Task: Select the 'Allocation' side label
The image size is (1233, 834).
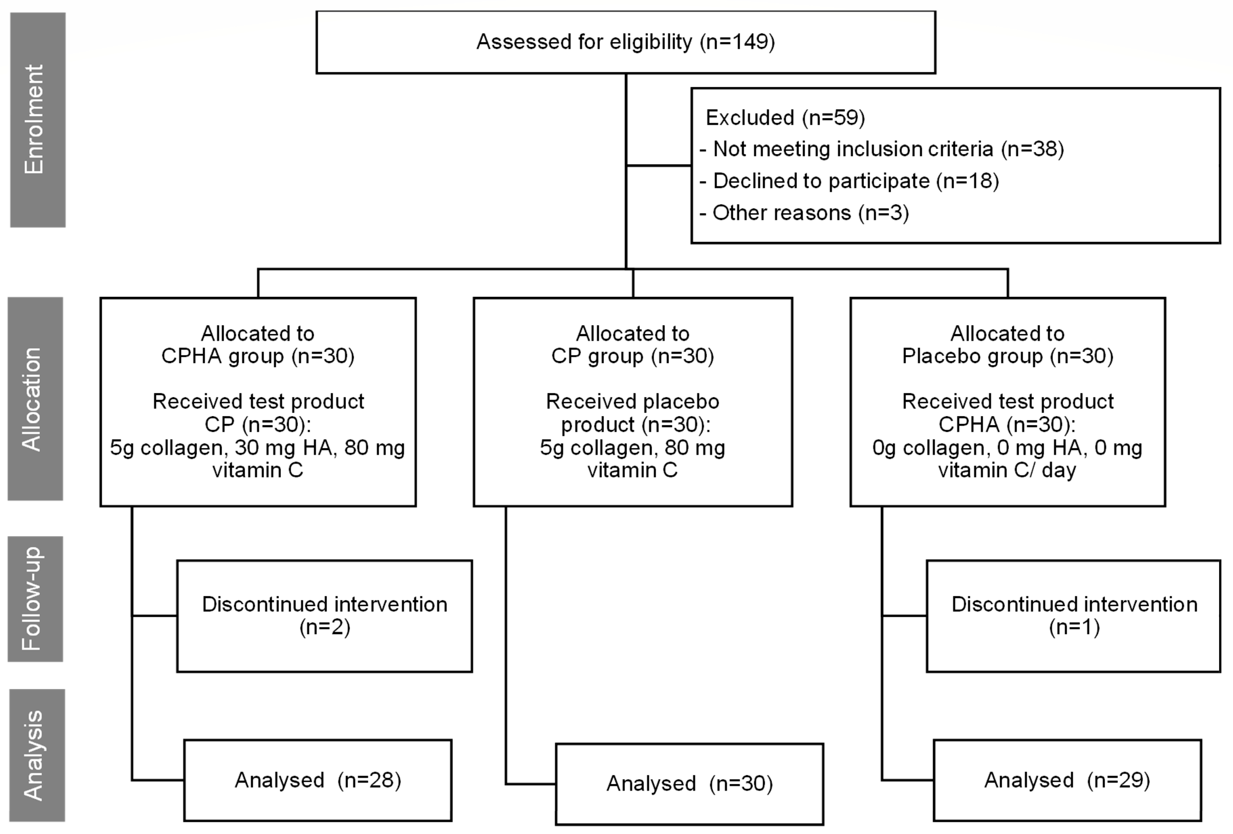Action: point(35,399)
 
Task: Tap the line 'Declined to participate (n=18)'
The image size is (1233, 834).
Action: point(855,181)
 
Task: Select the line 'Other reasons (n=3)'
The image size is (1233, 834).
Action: point(810,213)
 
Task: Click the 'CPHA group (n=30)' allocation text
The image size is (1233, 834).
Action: point(258,356)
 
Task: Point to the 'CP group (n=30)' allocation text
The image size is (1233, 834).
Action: point(632,356)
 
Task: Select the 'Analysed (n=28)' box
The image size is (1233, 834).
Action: point(318,780)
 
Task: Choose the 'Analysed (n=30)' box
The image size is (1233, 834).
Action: point(689,784)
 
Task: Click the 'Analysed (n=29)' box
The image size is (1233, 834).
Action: point(1067,780)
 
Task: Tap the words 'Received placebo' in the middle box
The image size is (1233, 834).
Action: point(632,402)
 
